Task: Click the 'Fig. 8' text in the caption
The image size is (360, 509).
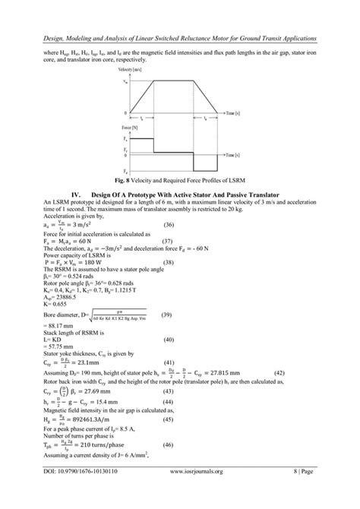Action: (x=125, y=182)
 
